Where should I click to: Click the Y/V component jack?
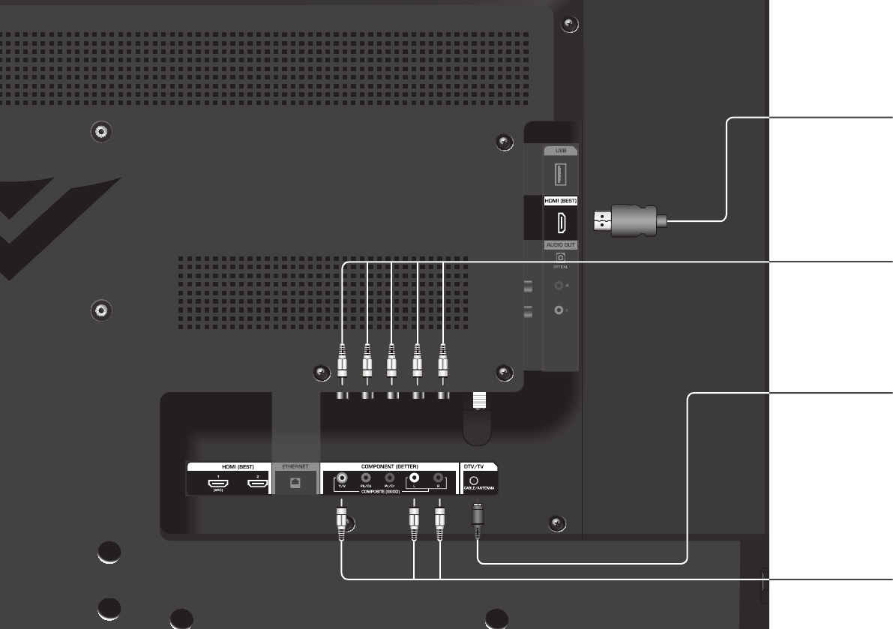pyautogui.click(x=342, y=477)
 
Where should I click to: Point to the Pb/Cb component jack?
pyautogui.click(x=366, y=477)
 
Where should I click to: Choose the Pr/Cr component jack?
pyautogui.click(x=390, y=477)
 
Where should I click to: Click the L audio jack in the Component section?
pyautogui.click(x=414, y=477)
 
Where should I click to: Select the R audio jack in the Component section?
pyautogui.click(x=438, y=477)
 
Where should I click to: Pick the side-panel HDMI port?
pyautogui.click(x=561, y=222)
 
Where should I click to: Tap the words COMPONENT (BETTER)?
pyautogui.click(x=388, y=466)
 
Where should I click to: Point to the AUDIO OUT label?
pyautogui.click(x=560, y=245)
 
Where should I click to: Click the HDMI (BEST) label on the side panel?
pyautogui.click(x=560, y=201)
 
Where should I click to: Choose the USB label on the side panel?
pyautogui.click(x=561, y=150)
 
